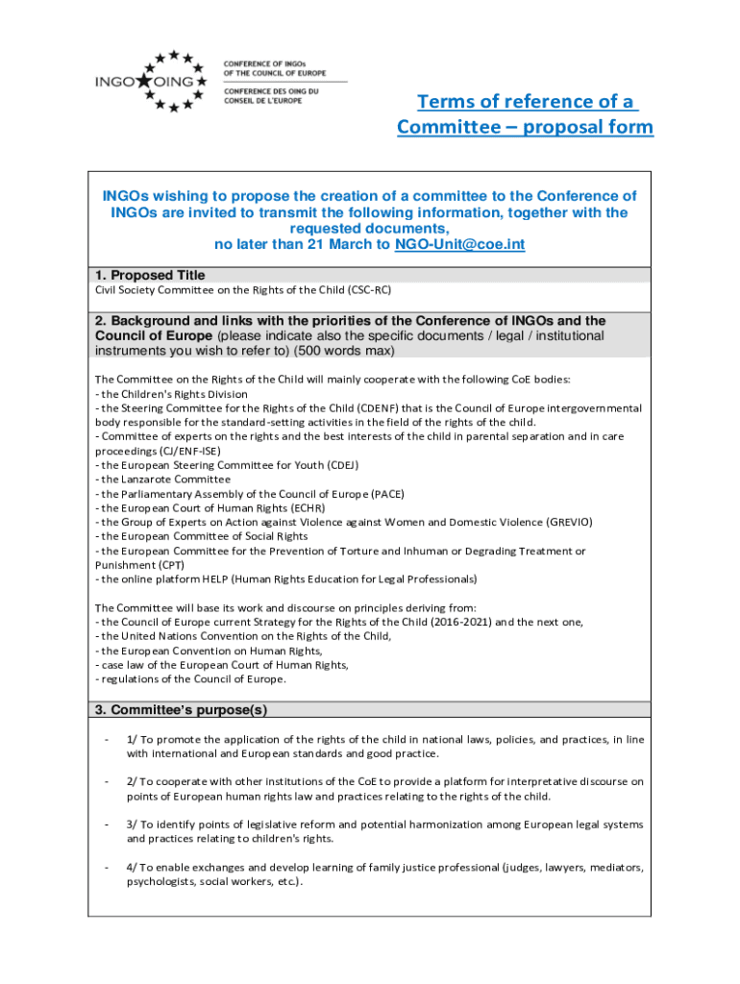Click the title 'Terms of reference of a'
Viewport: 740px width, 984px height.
526,102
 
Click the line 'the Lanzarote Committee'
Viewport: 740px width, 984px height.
165,480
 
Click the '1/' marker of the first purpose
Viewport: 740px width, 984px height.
132,740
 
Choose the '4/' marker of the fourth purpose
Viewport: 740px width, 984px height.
132,868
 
